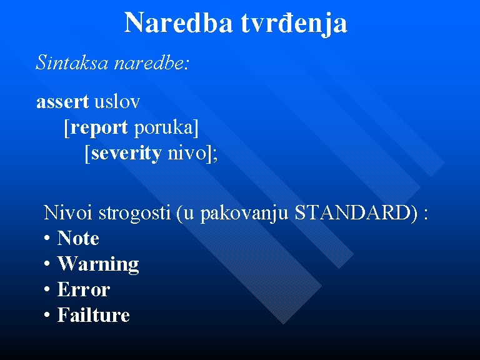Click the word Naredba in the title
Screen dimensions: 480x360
coord(178,22)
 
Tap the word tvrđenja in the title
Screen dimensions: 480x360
coord(294,24)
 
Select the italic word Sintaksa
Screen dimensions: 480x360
coord(72,62)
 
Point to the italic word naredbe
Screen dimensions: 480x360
coord(149,62)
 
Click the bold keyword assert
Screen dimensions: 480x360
coord(62,102)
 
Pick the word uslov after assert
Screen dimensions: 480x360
coord(117,101)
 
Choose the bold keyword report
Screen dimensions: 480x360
coord(99,127)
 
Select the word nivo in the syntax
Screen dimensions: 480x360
coord(187,152)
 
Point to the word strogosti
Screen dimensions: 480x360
coord(134,213)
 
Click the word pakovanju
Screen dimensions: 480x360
coord(244,213)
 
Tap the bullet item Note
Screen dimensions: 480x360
coord(78,238)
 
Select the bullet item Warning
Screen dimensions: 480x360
coord(98,264)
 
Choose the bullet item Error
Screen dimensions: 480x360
coord(84,289)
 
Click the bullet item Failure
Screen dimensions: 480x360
coord(94,315)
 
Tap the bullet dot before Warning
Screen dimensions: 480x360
coord(47,264)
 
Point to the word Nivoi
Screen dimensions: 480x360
coord(67,212)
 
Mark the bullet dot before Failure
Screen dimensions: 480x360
coord(47,315)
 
